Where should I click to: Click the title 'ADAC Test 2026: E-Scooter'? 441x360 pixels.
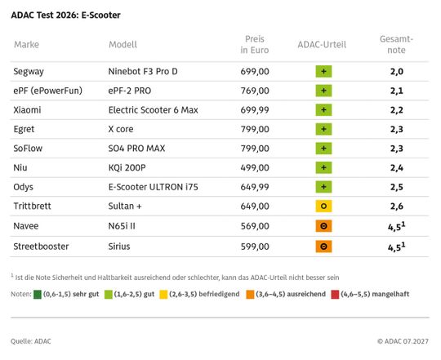click(x=65, y=16)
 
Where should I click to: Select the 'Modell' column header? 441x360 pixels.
click(x=122, y=44)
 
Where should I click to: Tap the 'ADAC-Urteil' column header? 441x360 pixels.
click(x=322, y=44)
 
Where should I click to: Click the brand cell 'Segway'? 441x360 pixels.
click(x=29, y=71)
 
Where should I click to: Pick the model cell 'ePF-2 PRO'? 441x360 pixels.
click(x=130, y=91)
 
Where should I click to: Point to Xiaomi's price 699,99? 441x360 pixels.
click(x=255, y=110)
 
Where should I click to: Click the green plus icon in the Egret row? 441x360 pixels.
click(x=323, y=129)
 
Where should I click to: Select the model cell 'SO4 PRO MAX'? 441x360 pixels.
click(x=136, y=149)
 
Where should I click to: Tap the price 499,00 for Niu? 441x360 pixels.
click(x=255, y=168)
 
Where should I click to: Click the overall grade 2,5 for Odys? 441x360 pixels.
click(x=397, y=187)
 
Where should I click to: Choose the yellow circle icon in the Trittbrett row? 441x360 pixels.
click(x=323, y=207)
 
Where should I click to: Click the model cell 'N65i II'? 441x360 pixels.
click(x=122, y=226)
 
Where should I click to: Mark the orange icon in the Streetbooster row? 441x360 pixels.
click(x=323, y=247)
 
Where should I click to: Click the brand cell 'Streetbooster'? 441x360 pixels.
click(x=41, y=247)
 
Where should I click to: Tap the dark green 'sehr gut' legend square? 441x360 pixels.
click(x=38, y=295)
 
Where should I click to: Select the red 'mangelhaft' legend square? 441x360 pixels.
click(x=335, y=295)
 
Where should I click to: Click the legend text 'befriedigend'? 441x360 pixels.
click(x=219, y=294)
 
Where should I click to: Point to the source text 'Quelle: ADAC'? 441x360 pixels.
click(x=31, y=341)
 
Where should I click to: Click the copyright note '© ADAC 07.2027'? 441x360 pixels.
click(x=403, y=341)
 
